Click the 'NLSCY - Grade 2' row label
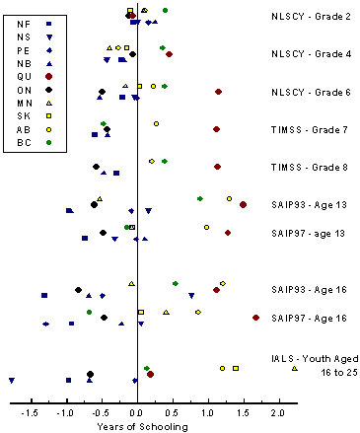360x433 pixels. [310, 17]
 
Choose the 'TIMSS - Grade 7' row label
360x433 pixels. [310, 129]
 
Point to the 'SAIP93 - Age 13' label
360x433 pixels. [310, 204]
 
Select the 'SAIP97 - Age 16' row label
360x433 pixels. [310, 318]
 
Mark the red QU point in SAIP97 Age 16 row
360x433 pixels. [255, 318]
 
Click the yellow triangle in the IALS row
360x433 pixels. [294, 369]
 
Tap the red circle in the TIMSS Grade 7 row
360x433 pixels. [216, 129]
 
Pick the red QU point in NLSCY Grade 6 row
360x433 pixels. [218, 92]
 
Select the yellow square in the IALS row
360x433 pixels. [236, 368]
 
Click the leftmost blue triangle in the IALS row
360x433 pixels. [12, 380]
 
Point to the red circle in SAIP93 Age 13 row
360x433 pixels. [243, 204]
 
